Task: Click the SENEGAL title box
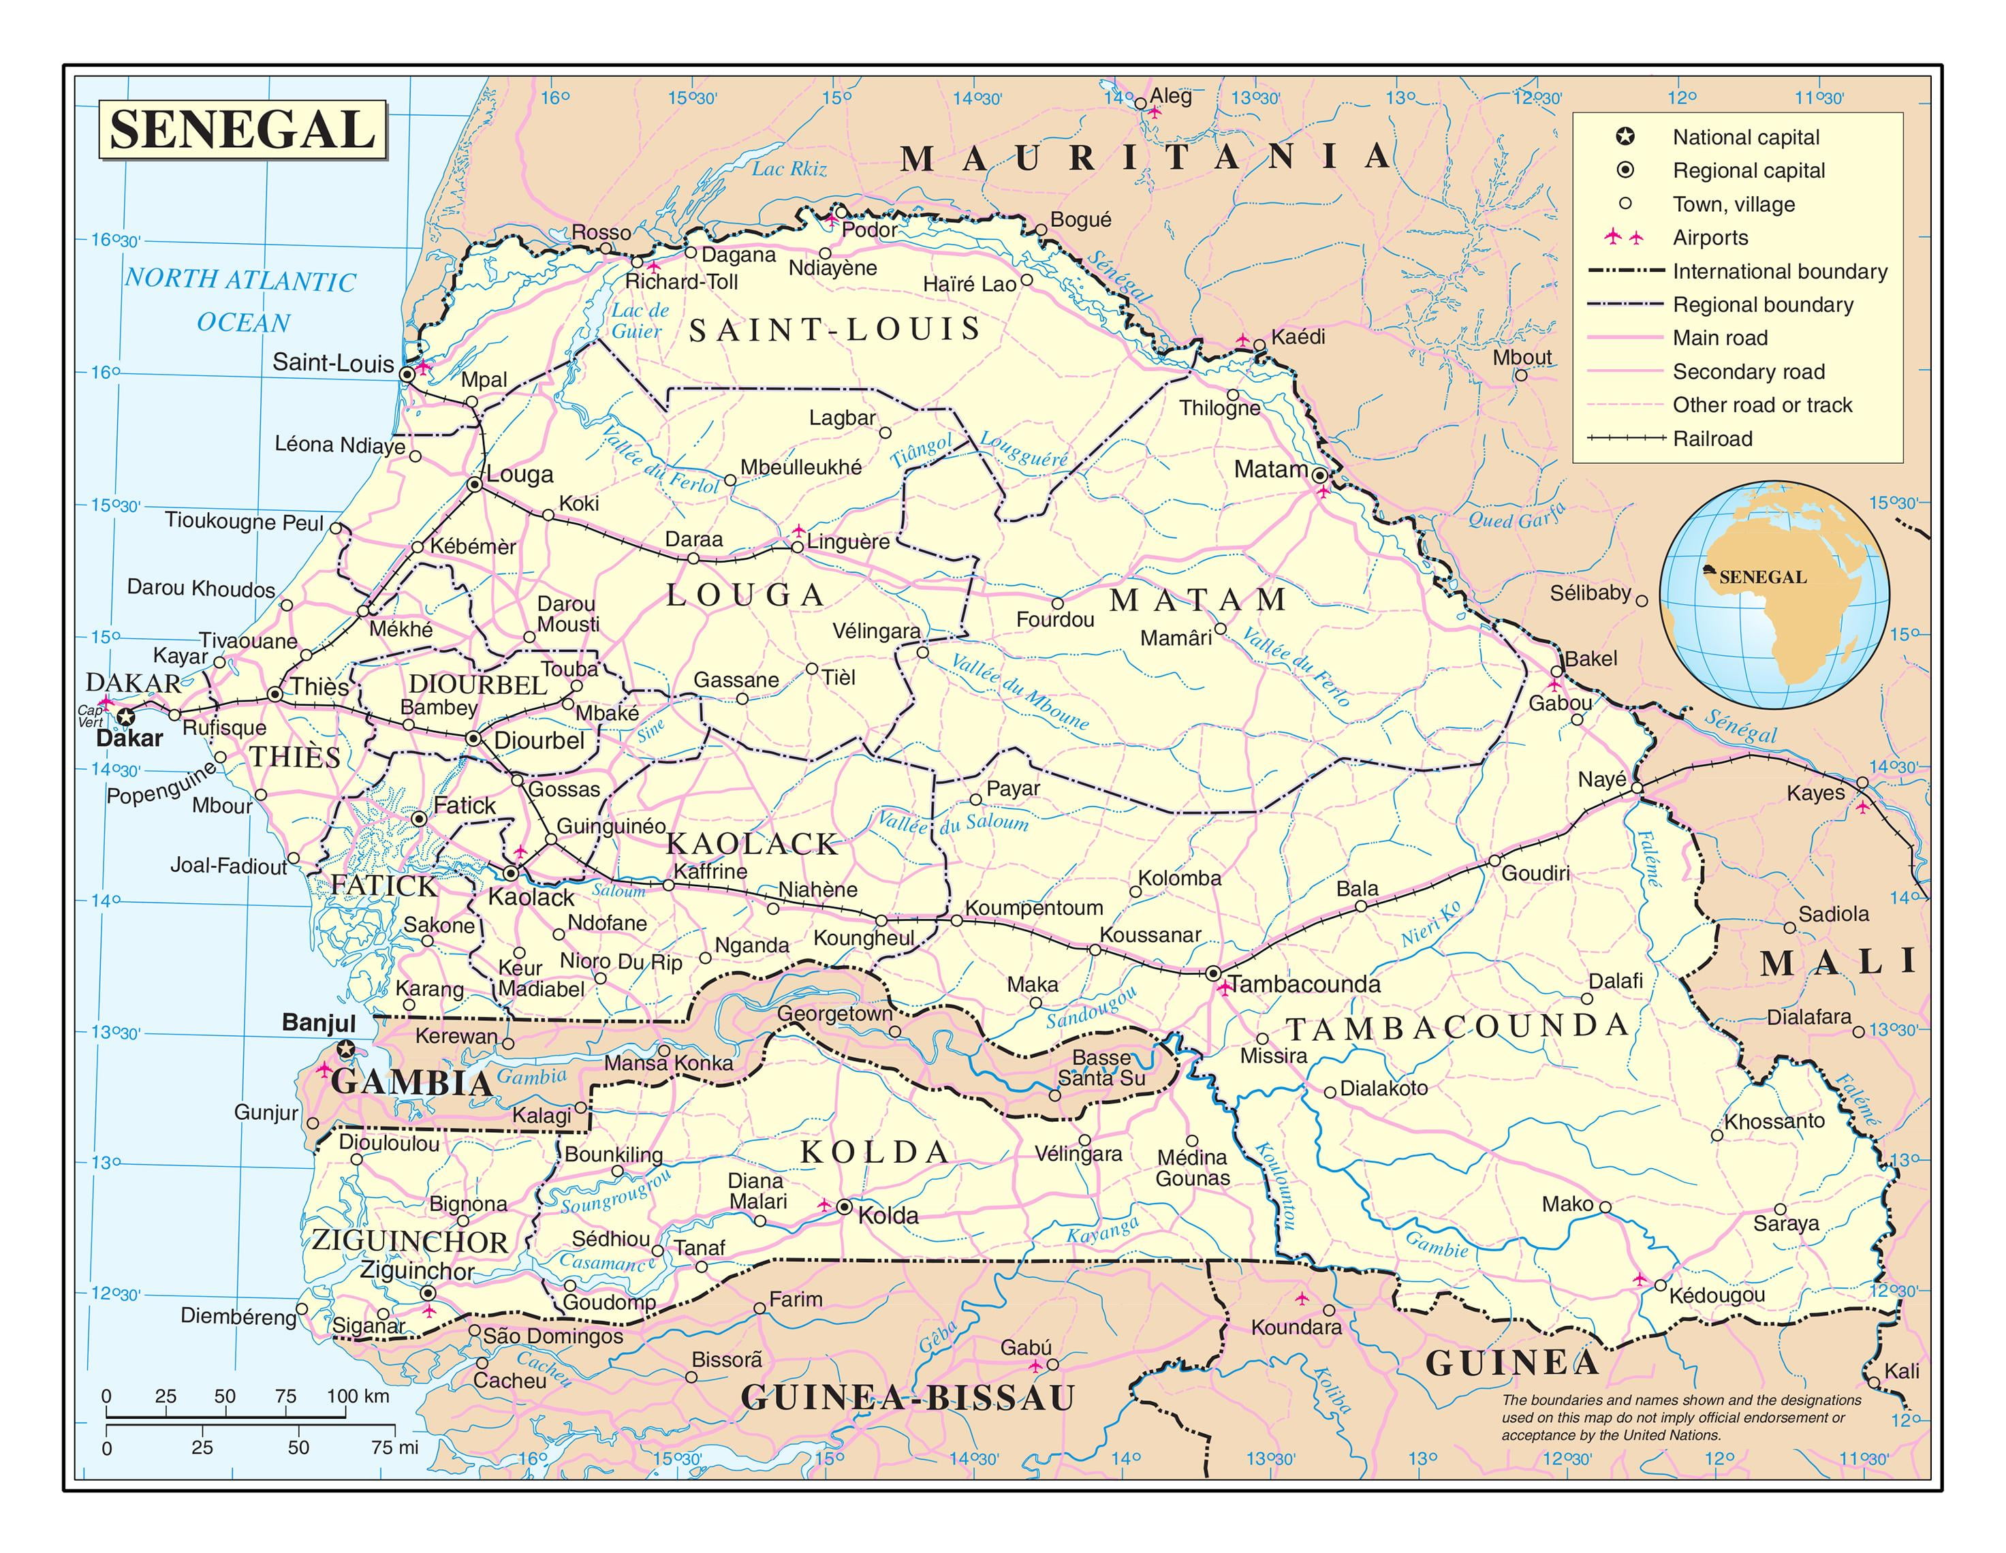242,129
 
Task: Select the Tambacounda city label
1304,984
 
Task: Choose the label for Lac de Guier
640,321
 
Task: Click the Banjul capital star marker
346,1049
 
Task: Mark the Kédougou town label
1717,1295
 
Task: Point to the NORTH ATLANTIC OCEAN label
240,300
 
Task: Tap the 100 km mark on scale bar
358,1397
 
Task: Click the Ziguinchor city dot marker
427,1292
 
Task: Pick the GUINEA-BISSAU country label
907,1398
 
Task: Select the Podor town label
869,230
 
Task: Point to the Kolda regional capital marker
844,1208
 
